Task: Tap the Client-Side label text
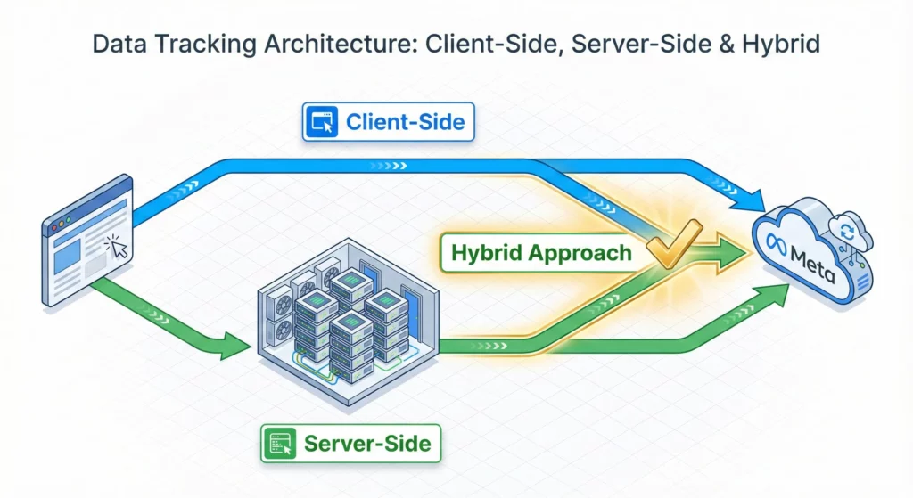[x=405, y=121]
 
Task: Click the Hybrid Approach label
[x=541, y=252]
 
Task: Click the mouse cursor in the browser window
[x=116, y=249]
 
